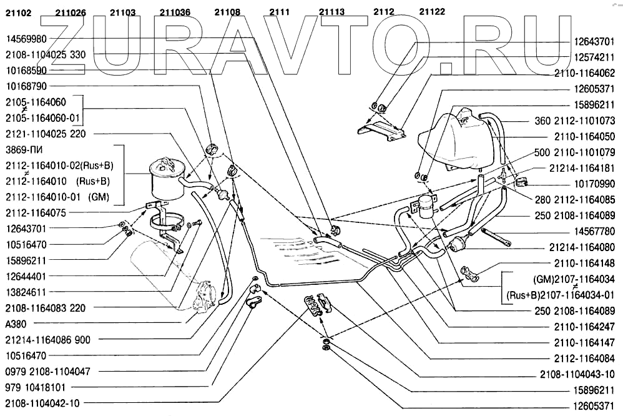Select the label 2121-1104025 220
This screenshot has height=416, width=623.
pyautogui.click(x=46, y=134)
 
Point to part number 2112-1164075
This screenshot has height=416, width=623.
pyautogui.click(x=35, y=212)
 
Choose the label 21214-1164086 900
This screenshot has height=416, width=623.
pyautogui.click(x=47, y=340)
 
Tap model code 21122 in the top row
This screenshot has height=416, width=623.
pyautogui.click(x=432, y=11)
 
